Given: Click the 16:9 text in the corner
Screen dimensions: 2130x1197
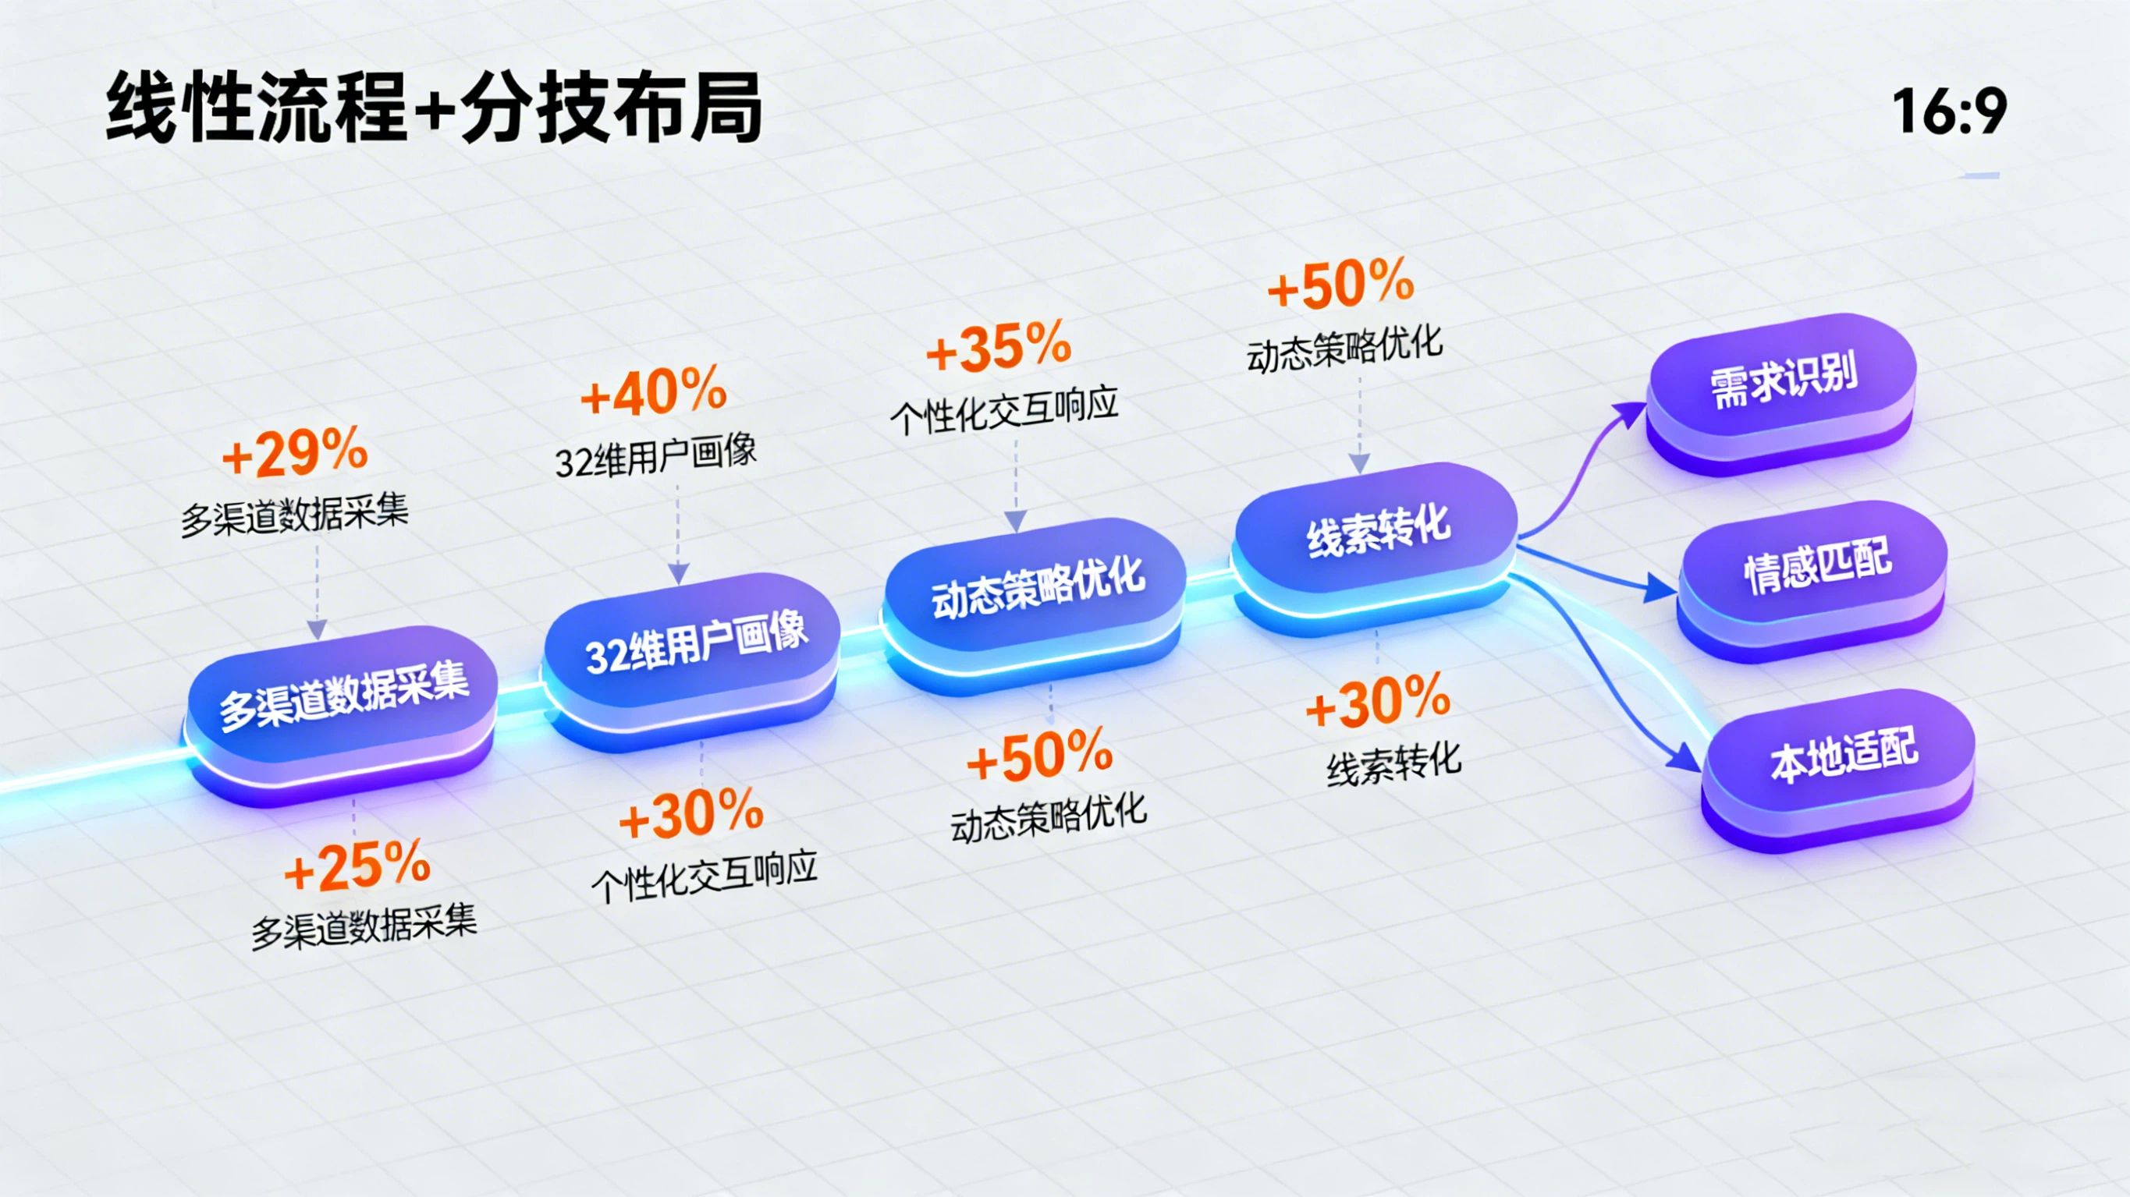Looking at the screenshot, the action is tap(1949, 112).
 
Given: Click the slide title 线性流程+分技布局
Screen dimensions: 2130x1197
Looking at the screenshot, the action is tap(434, 108).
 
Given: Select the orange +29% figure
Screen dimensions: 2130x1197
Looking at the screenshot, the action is tap(295, 452).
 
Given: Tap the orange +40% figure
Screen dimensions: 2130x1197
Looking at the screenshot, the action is tap(653, 391).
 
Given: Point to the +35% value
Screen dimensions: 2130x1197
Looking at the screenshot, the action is tap(999, 346).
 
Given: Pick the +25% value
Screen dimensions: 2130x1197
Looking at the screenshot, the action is tap(357, 866).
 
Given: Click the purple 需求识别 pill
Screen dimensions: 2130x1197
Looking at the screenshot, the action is tap(1781, 391).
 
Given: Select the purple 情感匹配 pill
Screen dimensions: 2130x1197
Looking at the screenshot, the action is tap(1812, 579).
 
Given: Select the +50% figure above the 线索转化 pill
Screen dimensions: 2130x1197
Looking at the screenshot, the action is tap(1340, 285).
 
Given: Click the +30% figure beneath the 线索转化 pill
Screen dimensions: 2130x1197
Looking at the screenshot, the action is tap(1379, 702).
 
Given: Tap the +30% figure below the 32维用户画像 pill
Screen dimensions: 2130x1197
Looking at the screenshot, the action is tap(691, 814).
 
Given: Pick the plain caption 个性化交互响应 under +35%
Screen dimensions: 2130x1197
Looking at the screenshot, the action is tap(1004, 410).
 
